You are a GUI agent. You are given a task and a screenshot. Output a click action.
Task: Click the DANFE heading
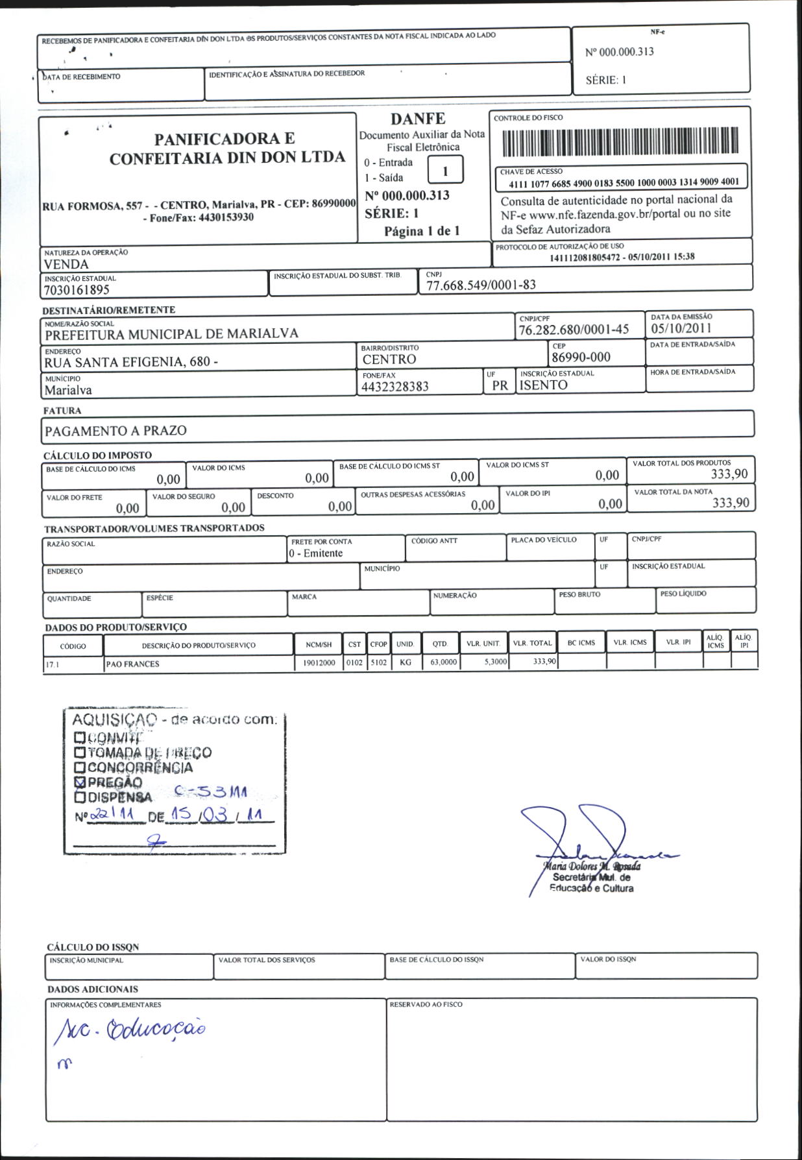coord(418,119)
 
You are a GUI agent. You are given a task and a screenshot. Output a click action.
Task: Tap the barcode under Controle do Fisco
coord(620,141)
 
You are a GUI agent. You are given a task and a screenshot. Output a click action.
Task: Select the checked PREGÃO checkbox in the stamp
coord(80,782)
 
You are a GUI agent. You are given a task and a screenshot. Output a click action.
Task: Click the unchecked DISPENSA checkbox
coord(80,797)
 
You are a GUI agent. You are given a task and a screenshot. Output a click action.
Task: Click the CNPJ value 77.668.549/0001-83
coord(481,285)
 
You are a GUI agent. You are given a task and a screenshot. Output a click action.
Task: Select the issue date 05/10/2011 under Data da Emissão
coord(681,328)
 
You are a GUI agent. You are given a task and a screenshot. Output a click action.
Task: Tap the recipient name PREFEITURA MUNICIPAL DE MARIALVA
coord(171,334)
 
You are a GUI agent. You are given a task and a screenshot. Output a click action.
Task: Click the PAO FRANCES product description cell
coord(132,664)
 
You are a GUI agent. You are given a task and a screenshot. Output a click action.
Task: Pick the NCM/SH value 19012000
coord(319,663)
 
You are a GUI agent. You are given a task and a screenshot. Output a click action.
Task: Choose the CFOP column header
coord(378,644)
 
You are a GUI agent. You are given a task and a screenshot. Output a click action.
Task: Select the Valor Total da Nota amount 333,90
coord(731,503)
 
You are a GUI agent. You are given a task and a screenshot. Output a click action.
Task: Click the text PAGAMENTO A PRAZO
coord(115,431)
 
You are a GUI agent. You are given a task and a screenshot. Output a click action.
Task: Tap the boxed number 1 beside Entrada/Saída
coord(445,171)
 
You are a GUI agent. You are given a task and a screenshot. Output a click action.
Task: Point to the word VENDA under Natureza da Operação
coord(66,264)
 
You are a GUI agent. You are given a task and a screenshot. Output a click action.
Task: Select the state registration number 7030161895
coord(77,290)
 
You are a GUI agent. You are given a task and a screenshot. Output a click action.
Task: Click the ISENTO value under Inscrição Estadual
coord(544,385)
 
